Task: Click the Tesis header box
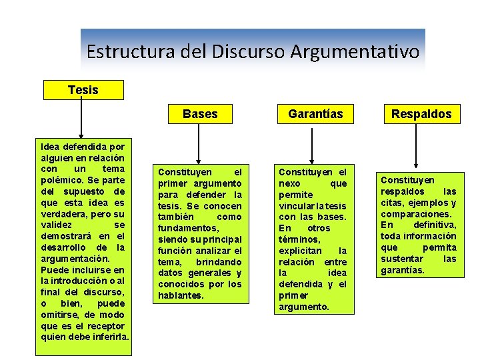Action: (83, 89)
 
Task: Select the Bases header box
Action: (200, 114)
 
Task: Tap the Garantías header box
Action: (315, 114)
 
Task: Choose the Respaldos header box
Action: (421, 114)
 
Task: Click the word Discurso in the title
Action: (249, 51)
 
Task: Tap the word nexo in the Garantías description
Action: (290, 183)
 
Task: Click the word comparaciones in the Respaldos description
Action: (415, 214)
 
